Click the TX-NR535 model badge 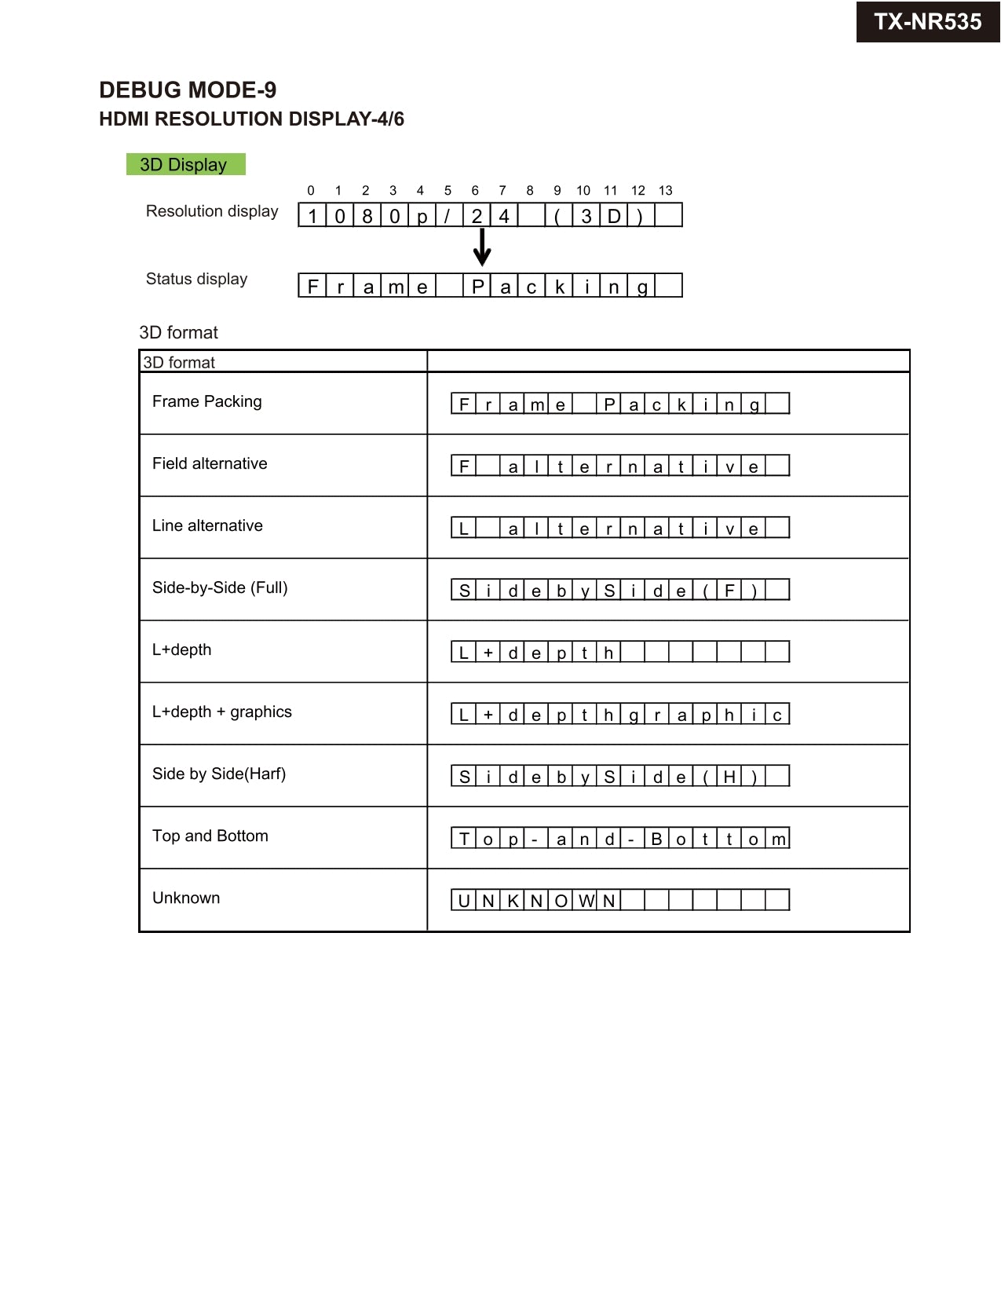[x=927, y=22]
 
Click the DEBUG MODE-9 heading [x=188, y=90]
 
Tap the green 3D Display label [x=185, y=164]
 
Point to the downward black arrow [x=482, y=247]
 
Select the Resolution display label [x=212, y=211]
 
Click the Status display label [x=196, y=279]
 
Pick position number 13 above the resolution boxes [x=666, y=191]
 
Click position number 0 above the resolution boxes [x=311, y=191]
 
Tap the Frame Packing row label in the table [x=207, y=401]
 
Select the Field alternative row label [x=210, y=463]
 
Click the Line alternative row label [x=207, y=525]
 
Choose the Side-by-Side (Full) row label [x=220, y=587]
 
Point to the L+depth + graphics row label [x=222, y=712]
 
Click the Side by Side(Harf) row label [x=219, y=774]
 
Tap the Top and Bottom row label [x=210, y=836]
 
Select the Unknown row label [x=186, y=898]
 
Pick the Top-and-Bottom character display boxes [x=620, y=838]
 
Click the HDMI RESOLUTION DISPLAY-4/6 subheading [x=251, y=119]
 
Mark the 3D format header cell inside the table [x=179, y=362]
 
